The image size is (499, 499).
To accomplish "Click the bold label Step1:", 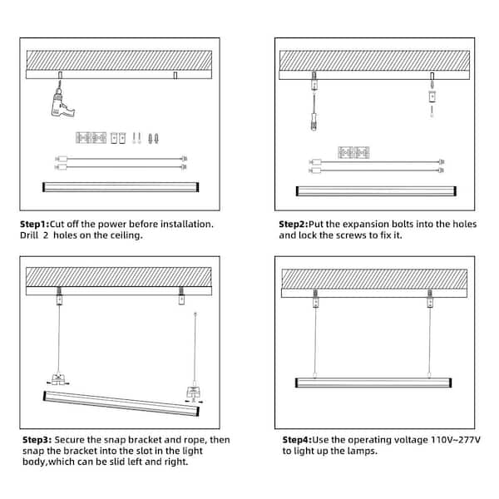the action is tap(35, 224).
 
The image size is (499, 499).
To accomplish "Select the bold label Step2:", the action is tap(294, 224).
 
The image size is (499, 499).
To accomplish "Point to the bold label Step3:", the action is tap(37, 440).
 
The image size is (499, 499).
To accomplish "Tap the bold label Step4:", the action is tap(297, 440).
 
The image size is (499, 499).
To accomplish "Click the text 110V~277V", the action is tap(456, 440).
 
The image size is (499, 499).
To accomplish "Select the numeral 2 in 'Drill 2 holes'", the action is tap(46, 235).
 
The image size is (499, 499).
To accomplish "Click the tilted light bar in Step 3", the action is tap(121, 403).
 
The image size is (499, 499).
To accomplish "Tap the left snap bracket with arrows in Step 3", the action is tap(58, 380).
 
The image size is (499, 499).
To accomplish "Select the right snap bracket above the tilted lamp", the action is tap(194, 394).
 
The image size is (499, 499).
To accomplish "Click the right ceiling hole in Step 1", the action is tap(175, 75).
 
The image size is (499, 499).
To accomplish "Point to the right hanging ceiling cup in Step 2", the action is tap(432, 96).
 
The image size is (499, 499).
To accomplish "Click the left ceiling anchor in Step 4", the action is tap(315, 299).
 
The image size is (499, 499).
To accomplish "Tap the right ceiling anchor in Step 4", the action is tap(430, 299).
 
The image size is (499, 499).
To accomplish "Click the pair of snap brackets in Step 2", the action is tap(353, 152).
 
